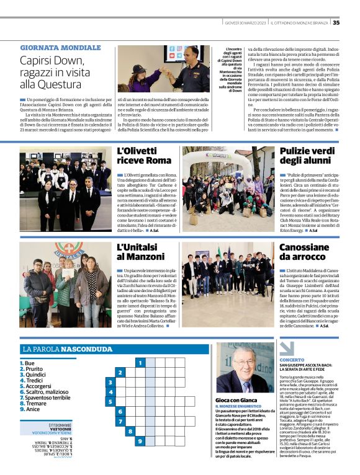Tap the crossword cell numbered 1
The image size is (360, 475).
tap(141, 362)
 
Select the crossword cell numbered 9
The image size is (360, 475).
tap(141, 441)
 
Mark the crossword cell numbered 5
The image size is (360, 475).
tap(110, 401)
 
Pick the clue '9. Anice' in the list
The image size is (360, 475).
tap(32, 409)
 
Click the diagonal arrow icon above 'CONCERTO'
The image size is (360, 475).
tap(286, 348)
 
